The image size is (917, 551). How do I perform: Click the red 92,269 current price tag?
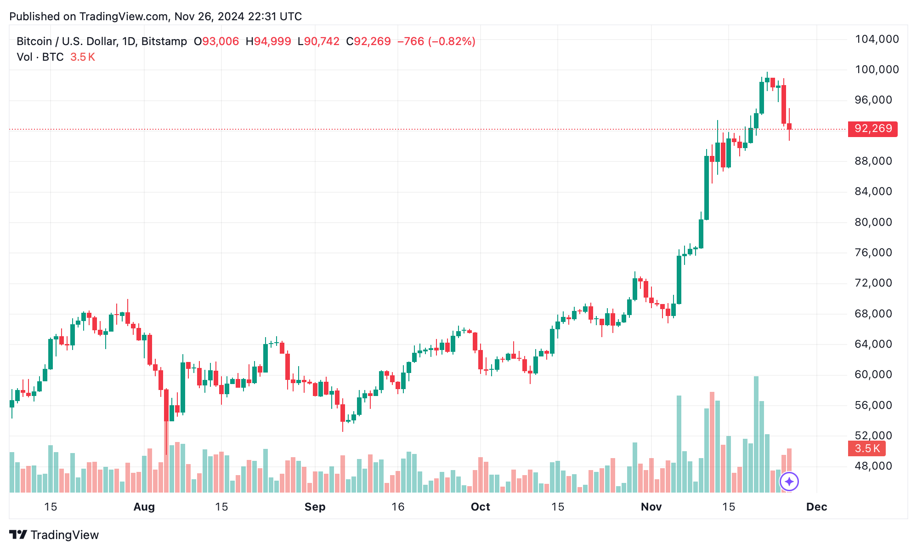pyautogui.click(x=872, y=128)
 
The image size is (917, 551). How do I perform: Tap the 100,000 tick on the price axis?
pyautogui.click(x=877, y=69)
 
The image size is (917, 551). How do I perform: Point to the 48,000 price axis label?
pyautogui.click(x=873, y=466)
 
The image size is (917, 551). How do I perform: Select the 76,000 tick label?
pyautogui.click(x=873, y=253)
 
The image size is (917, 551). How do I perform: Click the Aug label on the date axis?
pyautogui.click(x=144, y=507)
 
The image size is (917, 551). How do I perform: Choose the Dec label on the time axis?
pyautogui.click(x=816, y=507)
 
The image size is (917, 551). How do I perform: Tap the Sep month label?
pyautogui.click(x=315, y=507)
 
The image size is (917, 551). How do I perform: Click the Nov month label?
pyautogui.click(x=651, y=507)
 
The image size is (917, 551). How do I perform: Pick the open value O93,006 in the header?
pyautogui.click(x=216, y=41)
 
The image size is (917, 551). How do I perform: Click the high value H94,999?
pyautogui.click(x=268, y=41)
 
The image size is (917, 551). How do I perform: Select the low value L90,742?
pyautogui.click(x=318, y=41)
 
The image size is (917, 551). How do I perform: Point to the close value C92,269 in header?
pyautogui.click(x=368, y=41)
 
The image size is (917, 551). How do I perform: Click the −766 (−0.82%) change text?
pyautogui.click(x=436, y=41)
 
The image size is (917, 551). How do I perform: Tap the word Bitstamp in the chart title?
pyautogui.click(x=164, y=41)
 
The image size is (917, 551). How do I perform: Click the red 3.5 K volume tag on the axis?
pyautogui.click(x=866, y=448)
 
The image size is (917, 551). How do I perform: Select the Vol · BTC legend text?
pyautogui.click(x=40, y=57)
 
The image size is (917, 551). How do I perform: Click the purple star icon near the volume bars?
pyautogui.click(x=789, y=482)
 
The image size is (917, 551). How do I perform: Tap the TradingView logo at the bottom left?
pyautogui.click(x=54, y=535)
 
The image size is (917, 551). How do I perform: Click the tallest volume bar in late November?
pyautogui.click(x=756, y=434)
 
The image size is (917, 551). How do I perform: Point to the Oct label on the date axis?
pyautogui.click(x=480, y=507)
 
